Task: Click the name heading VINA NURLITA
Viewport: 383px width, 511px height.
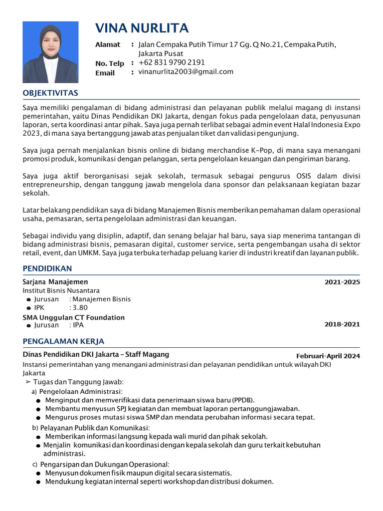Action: coord(142,28)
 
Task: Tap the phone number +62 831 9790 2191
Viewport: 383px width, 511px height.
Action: coord(172,62)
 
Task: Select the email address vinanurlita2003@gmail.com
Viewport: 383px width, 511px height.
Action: coord(186,72)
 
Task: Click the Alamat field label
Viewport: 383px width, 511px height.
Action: coord(108,45)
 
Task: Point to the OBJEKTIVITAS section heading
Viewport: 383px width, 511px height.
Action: coord(50,93)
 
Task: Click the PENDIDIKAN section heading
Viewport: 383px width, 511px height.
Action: coord(47,269)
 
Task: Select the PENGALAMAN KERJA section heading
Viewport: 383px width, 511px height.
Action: coord(63,341)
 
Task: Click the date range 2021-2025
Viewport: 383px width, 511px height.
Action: coord(342,282)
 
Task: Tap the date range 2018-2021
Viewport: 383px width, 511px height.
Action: coord(342,324)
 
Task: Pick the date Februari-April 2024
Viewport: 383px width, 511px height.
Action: coord(328,356)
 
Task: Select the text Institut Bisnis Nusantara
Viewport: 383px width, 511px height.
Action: coord(61,290)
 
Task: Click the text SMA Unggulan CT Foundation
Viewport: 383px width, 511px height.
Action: coord(73,317)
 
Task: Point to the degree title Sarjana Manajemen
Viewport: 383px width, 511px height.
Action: coord(55,282)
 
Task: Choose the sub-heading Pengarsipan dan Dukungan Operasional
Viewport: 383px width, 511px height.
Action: coord(105,464)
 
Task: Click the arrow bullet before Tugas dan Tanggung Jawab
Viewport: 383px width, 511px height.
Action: coord(28,382)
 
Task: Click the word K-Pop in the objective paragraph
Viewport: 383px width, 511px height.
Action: coord(262,150)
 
